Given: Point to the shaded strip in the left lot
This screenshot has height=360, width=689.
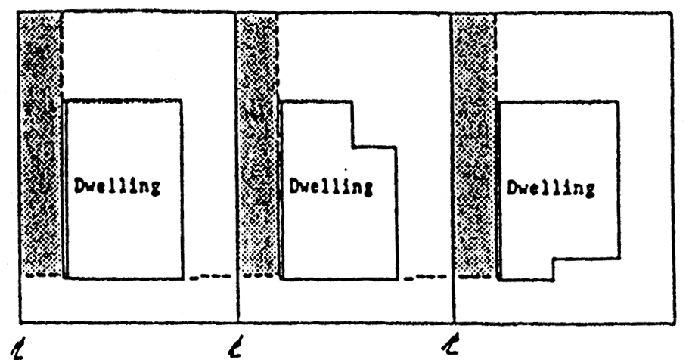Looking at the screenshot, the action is pyautogui.click(x=39, y=144).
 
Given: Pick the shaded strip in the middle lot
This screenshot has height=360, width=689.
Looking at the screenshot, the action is pyautogui.click(x=257, y=144).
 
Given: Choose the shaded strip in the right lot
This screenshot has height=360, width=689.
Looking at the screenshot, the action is pyautogui.click(x=473, y=144).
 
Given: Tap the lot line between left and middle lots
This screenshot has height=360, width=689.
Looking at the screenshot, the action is pyautogui.click(x=236, y=166).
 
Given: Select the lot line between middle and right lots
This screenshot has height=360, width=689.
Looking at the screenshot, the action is pyautogui.click(x=452, y=166).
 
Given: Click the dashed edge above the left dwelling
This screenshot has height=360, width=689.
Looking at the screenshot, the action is pyautogui.click(x=61, y=57).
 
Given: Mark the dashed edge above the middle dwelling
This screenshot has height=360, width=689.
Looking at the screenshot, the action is pyautogui.click(x=278, y=57).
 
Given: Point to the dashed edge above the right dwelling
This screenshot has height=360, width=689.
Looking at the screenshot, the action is pyautogui.click(x=495, y=57).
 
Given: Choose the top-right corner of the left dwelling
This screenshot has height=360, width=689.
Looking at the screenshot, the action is pyautogui.click(x=182, y=100).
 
